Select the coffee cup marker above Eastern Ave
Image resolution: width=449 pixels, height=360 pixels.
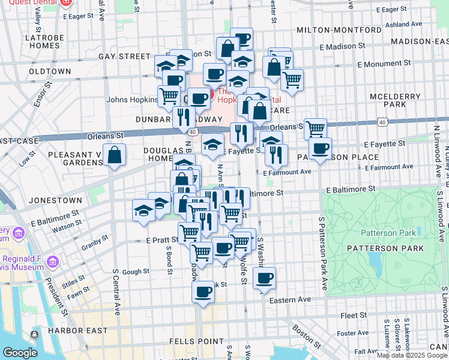[x=203, y=292]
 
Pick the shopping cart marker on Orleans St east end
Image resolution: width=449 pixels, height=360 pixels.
[x=315, y=128]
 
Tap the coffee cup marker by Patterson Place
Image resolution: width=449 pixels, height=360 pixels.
[x=320, y=148]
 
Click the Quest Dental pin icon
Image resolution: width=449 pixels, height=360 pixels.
[x=65, y=3]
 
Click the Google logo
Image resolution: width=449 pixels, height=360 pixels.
[x=20, y=353]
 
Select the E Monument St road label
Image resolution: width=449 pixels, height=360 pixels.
[x=384, y=63]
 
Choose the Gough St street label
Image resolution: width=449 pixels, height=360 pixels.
[x=136, y=272]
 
